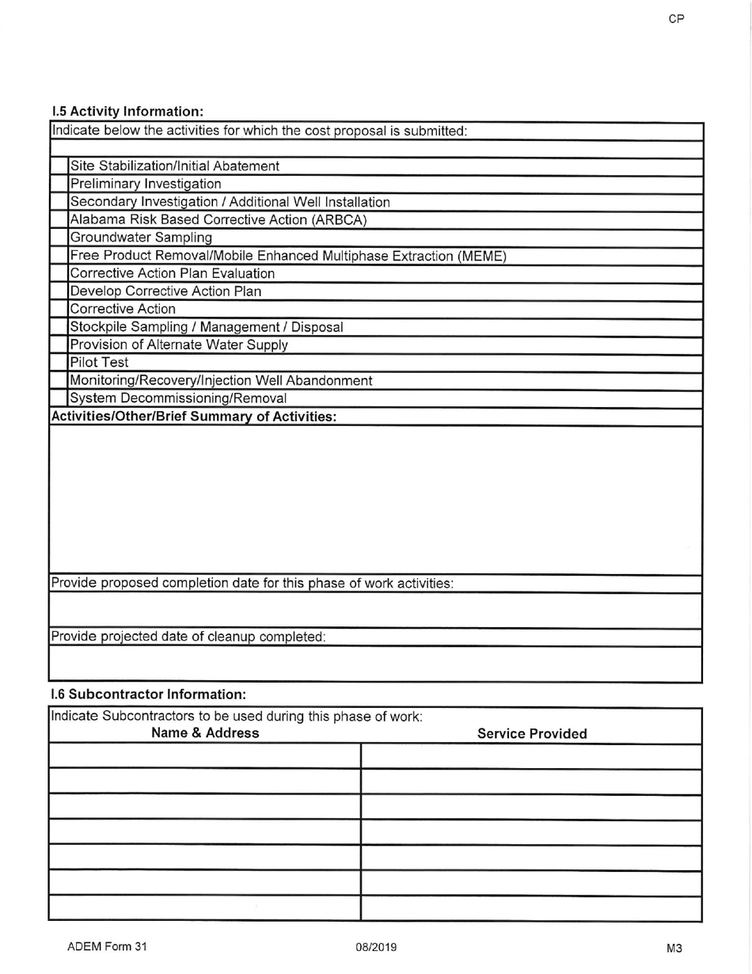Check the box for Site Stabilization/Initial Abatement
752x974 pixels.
click(60, 166)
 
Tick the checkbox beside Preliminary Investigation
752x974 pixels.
click(60, 185)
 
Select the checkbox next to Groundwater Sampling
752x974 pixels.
click(60, 238)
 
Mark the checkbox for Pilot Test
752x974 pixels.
click(60, 363)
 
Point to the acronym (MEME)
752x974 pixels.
click(478, 256)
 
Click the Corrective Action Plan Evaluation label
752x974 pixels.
click(173, 273)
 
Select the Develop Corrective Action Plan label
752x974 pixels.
click(166, 291)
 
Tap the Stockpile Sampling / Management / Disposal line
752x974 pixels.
click(207, 326)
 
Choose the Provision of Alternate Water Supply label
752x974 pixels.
click(179, 344)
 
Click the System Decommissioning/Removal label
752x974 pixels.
click(178, 398)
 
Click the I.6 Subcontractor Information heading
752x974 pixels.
click(149, 694)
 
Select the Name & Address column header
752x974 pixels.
click(205, 733)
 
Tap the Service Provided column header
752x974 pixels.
click(532, 734)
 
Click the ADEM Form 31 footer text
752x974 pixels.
click(108, 947)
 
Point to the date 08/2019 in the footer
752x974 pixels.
click(377, 947)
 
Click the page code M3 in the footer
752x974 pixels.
click(674, 948)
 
